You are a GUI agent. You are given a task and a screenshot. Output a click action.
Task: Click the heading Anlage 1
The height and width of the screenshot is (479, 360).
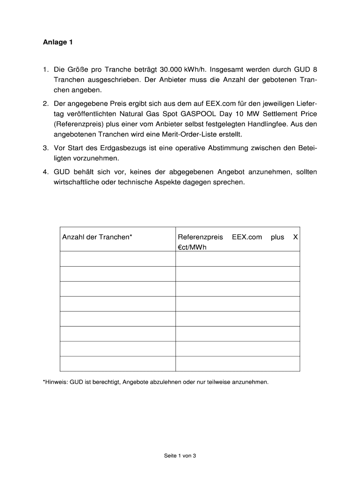(58, 43)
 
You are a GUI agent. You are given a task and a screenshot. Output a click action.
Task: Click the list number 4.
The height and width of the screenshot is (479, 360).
(46, 172)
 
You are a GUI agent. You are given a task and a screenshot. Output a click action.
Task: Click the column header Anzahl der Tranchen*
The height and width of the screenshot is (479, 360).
(97, 237)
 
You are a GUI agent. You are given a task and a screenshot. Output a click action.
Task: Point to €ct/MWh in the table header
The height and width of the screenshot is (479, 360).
(192, 247)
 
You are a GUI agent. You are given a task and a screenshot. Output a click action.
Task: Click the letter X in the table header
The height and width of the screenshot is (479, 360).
(295, 237)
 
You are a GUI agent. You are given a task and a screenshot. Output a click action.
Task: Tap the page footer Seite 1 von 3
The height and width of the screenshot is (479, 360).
(180, 455)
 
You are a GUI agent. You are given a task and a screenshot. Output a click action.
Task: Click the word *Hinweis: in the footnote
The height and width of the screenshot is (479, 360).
(55, 382)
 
